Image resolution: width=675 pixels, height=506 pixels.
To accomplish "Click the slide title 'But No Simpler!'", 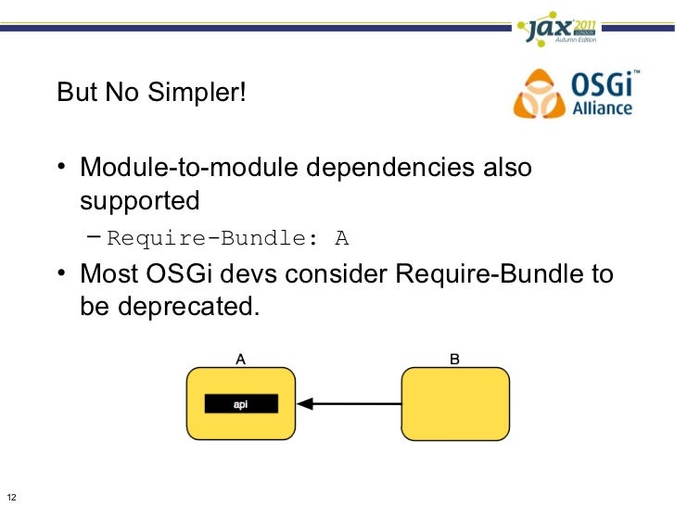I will pos(151,94).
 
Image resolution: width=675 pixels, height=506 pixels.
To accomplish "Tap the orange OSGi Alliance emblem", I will pos(538,94).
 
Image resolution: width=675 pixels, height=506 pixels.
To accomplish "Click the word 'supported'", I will pos(140,201).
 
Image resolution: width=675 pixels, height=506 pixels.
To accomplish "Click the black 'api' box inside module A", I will pos(240,404).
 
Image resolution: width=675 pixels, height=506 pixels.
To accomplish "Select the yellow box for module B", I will pos(455,403).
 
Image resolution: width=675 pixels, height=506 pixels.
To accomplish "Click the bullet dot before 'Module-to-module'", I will pos(61,170).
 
